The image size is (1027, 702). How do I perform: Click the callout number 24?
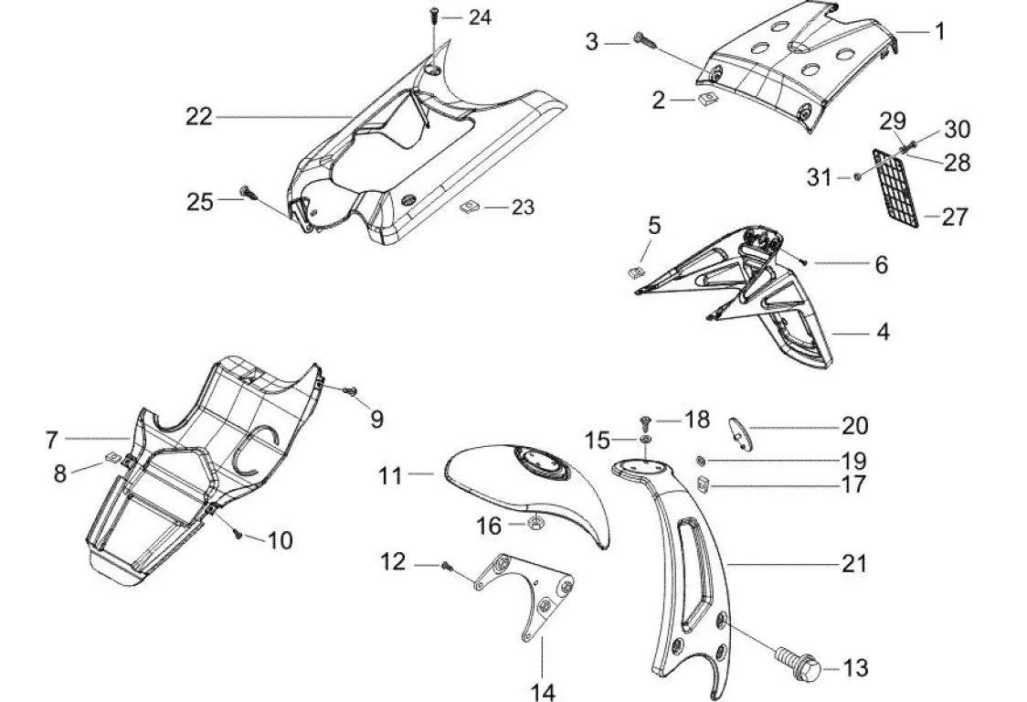click(x=479, y=17)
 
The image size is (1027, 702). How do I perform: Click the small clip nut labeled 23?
click(x=470, y=208)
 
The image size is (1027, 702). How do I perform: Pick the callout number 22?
click(x=198, y=116)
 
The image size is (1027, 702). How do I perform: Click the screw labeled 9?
click(x=349, y=391)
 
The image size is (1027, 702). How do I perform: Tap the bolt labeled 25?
click(x=245, y=192)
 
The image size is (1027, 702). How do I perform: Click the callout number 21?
click(x=853, y=563)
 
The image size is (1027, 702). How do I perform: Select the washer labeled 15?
click(x=646, y=441)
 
